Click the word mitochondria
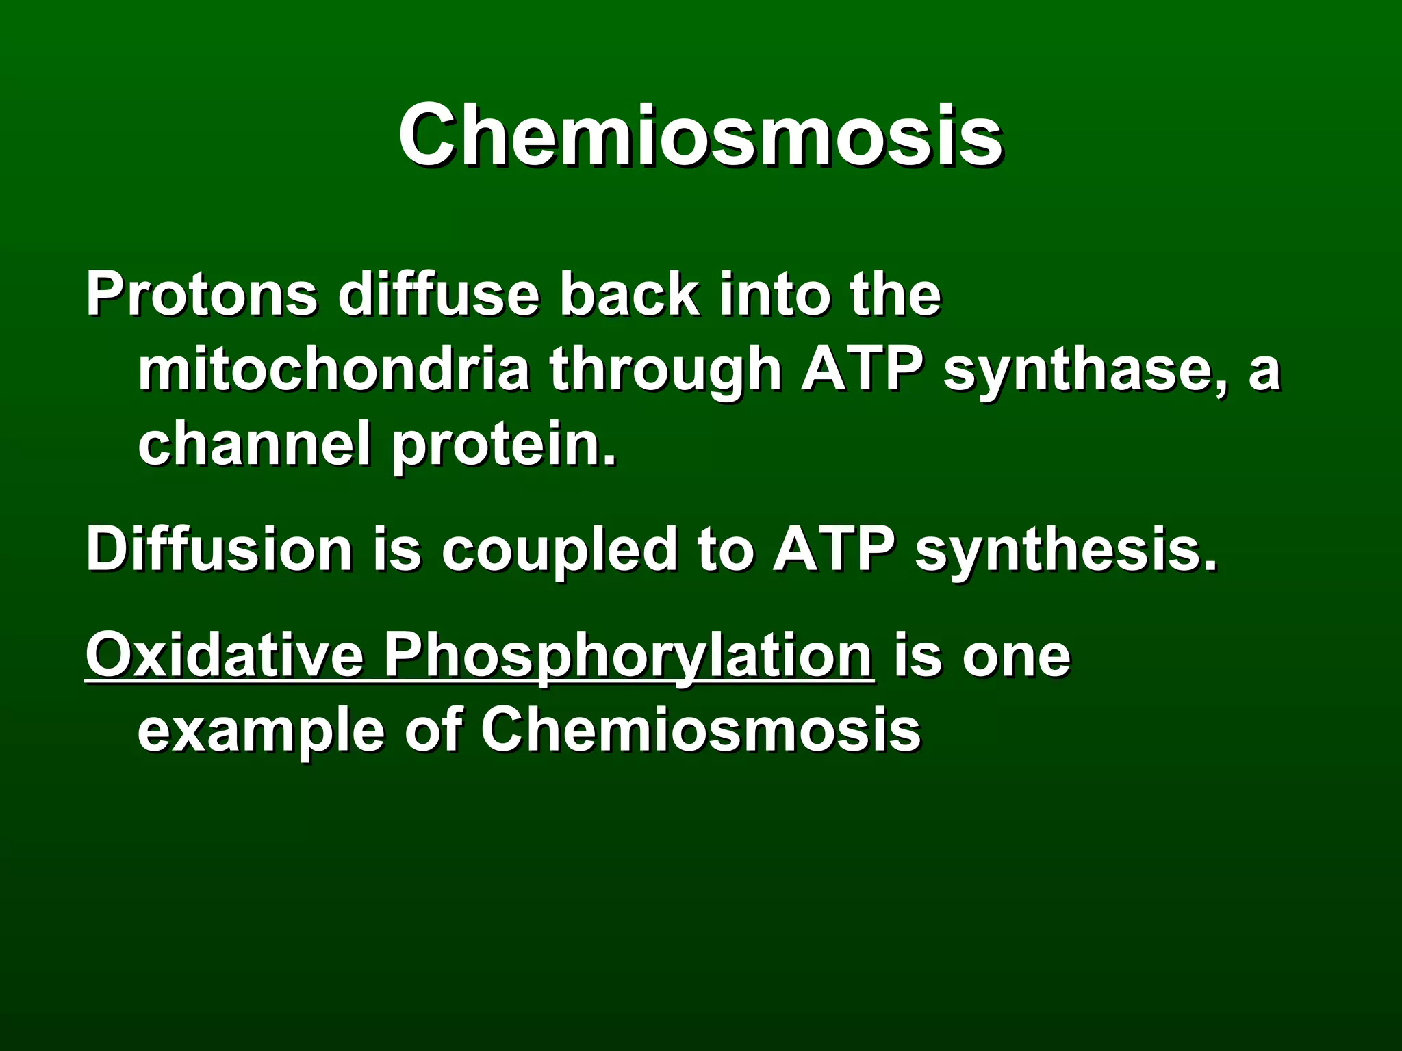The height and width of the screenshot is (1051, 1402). pyautogui.click(x=334, y=369)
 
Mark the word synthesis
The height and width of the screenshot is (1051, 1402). pyautogui.click(x=1067, y=552)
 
